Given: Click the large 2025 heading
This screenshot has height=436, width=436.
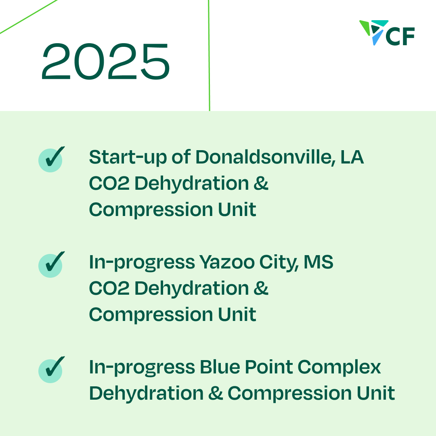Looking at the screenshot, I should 106,62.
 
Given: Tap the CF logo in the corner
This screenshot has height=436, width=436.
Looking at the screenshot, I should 387,33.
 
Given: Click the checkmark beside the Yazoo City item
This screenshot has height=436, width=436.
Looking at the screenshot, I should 50,264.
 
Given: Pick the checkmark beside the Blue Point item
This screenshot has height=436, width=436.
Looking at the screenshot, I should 50,369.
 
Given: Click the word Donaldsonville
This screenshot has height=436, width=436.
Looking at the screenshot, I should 266,157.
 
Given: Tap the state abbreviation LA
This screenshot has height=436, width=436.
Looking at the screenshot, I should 352,157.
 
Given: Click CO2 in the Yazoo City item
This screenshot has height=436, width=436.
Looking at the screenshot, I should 109,289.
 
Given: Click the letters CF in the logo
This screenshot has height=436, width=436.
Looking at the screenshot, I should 400,37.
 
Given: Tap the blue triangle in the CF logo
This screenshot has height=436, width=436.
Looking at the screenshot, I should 377,38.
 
